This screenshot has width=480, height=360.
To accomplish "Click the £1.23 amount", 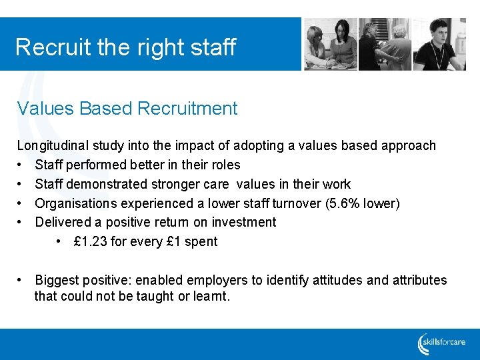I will click(90, 241).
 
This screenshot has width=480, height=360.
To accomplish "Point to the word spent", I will click(201, 241).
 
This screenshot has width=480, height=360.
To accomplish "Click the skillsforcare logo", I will click(442, 343).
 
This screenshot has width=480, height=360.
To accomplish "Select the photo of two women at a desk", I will click(330, 45).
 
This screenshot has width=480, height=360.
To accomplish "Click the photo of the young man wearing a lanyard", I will click(439, 45).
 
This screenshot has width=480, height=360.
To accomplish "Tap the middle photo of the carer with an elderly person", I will click(385, 45).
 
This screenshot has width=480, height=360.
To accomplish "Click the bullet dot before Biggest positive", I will click(21, 280).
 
